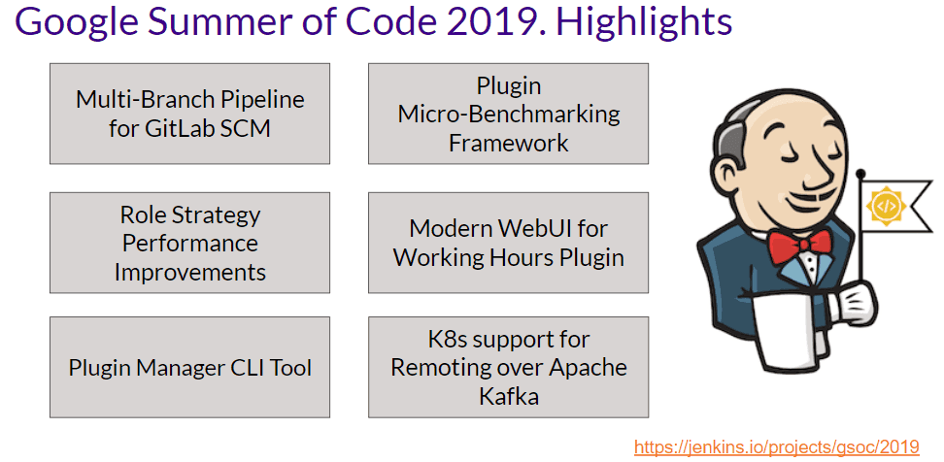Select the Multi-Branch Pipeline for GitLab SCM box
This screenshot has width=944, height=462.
[189, 114]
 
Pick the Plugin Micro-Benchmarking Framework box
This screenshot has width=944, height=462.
[508, 114]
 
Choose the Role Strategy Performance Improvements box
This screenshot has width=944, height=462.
[189, 243]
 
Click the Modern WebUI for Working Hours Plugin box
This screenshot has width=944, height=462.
[508, 243]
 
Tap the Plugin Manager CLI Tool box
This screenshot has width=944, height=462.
[189, 368]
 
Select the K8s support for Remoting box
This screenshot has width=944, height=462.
[508, 368]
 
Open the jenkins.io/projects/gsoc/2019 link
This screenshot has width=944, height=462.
[776, 446]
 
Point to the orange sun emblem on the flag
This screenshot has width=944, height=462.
[886, 206]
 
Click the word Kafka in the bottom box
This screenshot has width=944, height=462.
[508, 397]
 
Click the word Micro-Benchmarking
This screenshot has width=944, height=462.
[508, 114]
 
